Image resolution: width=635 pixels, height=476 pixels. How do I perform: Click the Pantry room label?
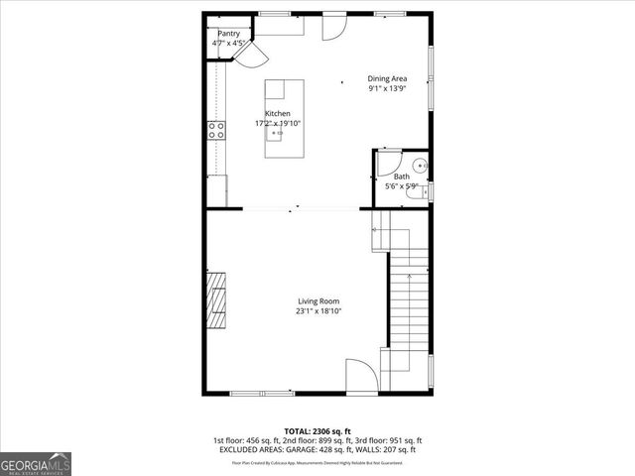click(x=229, y=33)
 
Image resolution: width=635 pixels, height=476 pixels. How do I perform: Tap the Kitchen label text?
click(x=277, y=114)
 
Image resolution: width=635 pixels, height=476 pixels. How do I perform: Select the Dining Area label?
click(x=387, y=78)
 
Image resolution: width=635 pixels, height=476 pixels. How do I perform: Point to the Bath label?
click(x=401, y=177)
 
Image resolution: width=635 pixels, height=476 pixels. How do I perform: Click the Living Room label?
click(x=318, y=301)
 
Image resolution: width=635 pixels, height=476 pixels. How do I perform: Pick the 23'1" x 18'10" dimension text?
click(x=318, y=311)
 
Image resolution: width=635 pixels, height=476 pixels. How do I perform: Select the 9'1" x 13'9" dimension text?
click(x=387, y=88)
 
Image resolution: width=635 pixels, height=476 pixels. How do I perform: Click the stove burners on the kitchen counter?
click(x=215, y=130)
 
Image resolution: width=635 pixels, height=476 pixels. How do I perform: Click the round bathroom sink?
click(x=420, y=166)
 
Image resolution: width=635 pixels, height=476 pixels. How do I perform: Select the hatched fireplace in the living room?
click(x=216, y=298)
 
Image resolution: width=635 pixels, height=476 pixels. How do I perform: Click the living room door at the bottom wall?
click(x=361, y=376)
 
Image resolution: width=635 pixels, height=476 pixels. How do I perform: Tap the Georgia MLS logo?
click(x=36, y=464)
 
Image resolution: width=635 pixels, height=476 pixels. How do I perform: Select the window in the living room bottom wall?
click(x=260, y=393)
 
